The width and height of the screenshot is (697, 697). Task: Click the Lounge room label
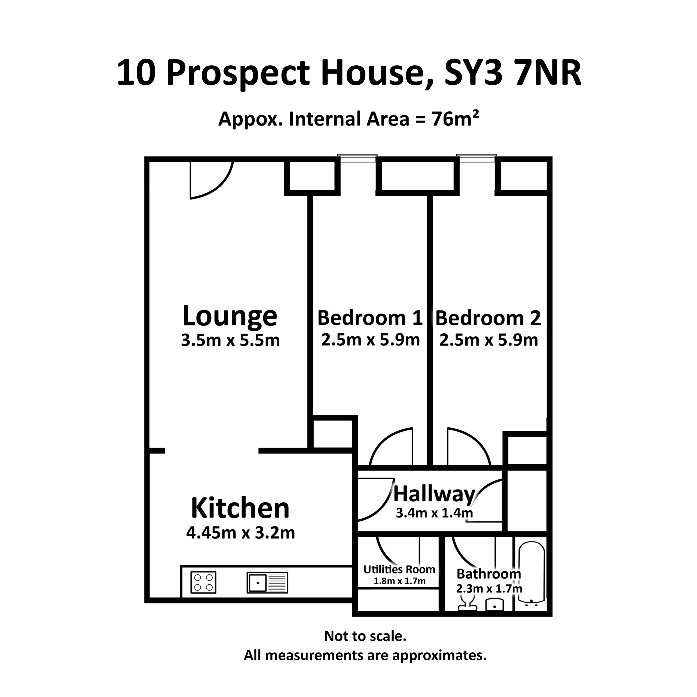(x=230, y=316)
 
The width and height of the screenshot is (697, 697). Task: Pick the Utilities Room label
(x=399, y=569)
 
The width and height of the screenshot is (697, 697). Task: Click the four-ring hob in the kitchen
(x=203, y=582)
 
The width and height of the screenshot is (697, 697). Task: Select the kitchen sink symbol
(x=267, y=582)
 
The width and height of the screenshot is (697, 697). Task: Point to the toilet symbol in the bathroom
(x=467, y=603)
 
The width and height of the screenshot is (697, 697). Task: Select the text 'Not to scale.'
(x=365, y=636)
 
